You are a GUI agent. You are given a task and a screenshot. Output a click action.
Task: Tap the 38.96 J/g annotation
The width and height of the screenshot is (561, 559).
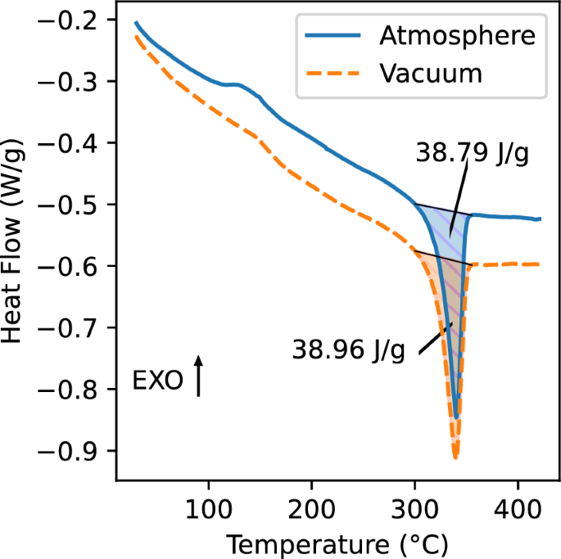tap(349, 351)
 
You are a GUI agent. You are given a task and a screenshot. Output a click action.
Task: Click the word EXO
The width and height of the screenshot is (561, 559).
tap(158, 381)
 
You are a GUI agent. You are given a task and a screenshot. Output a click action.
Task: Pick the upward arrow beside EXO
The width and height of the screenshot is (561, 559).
tap(198, 376)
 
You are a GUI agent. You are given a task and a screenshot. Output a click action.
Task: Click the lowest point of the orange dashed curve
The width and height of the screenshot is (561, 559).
tap(455, 457)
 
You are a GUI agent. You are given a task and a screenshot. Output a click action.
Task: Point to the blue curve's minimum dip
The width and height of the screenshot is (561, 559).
tap(456, 417)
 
